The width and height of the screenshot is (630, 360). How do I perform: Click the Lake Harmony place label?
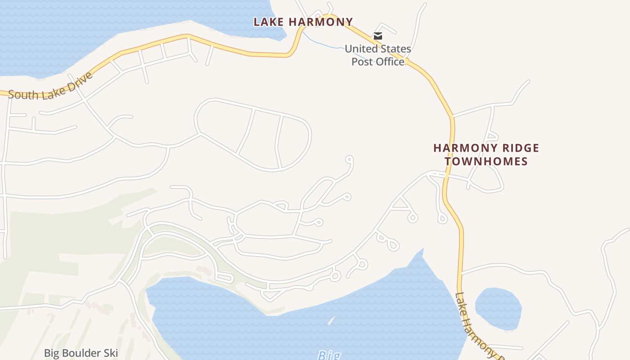303,22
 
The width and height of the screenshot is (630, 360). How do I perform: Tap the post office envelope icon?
378,36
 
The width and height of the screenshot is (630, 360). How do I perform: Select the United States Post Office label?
378,55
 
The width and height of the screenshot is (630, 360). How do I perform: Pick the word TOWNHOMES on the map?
486,162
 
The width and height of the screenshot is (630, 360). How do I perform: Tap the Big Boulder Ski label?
81,352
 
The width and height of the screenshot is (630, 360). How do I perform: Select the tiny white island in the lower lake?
331,321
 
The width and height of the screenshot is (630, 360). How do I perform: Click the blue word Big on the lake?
329,355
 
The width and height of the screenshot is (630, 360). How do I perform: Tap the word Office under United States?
378,62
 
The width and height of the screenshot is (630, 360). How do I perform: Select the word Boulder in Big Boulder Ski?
81,352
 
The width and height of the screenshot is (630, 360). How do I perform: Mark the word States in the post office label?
395,49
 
